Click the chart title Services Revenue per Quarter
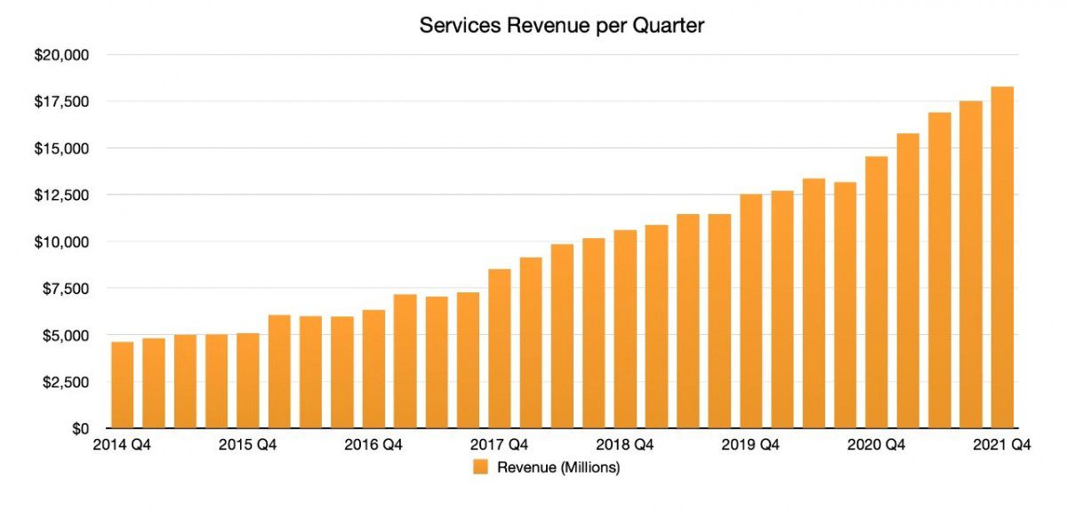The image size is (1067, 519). [x=561, y=26]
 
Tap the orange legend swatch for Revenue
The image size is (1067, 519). [x=480, y=467]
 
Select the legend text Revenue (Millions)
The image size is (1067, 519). [x=558, y=467]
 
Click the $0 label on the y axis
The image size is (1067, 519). [x=80, y=428]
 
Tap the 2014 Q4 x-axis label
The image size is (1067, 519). [x=122, y=445]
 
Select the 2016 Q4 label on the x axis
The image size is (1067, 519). [x=373, y=445]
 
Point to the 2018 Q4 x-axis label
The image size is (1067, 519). [x=625, y=445]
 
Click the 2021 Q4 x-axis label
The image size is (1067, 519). [x=1002, y=445]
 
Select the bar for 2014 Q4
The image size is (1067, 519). [x=123, y=385]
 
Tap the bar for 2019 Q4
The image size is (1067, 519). [x=751, y=311]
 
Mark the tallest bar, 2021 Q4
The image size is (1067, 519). [x=1002, y=258]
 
